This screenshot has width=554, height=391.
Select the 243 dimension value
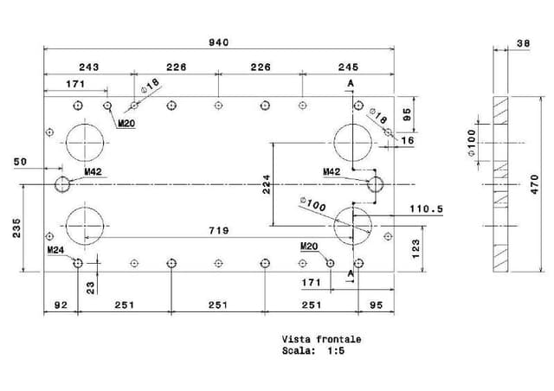pyautogui.click(x=88, y=67)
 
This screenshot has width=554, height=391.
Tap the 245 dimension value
pyautogui.click(x=348, y=67)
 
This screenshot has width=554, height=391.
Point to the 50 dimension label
pyautogui.click(x=21, y=162)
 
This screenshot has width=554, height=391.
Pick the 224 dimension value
pyautogui.click(x=267, y=183)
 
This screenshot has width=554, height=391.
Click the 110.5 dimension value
pyautogui.click(x=426, y=209)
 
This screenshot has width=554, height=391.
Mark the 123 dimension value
pyautogui.click(x=415, y=249)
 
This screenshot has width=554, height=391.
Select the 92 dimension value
pyautogui.click(x=61, y=305)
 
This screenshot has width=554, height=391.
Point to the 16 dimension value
pyautogui.click(x=408, y=140)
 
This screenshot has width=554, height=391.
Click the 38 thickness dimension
pyautogui.click(x=523, y=43)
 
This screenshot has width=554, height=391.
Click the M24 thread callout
pyautogui.click(x=57, y=250)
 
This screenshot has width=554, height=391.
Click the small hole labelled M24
pyautogui.click(x=78, y=263)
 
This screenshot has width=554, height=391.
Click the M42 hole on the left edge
pyautogui.click(x=62, y=183)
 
